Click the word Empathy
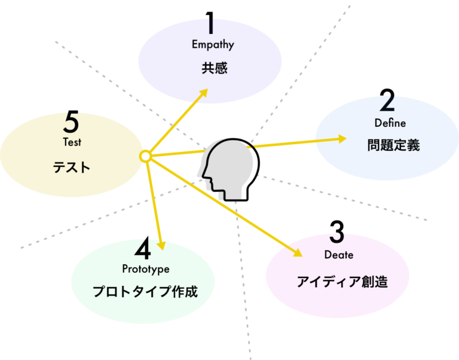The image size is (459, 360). coord(213,45)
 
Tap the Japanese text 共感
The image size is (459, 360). coord(214,68)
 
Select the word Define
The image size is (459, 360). coord(390,123)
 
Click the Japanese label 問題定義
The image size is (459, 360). coord(393,145)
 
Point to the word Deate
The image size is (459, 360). coord(339,255)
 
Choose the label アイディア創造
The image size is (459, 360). coord(342,282)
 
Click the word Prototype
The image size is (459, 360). coord(146,269)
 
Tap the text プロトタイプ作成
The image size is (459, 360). coord(145,292)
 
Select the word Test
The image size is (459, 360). coord(72,142)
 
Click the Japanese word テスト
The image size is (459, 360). coord(72,167)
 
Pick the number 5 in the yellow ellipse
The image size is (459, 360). coord(71,123)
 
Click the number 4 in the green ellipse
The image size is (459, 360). coord(142,249)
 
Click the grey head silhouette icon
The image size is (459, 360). coord(227,169)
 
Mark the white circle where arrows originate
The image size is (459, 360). coord(145,156)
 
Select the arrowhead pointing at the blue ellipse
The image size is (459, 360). coord(342,139)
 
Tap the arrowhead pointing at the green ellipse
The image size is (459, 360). coord(160,245)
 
